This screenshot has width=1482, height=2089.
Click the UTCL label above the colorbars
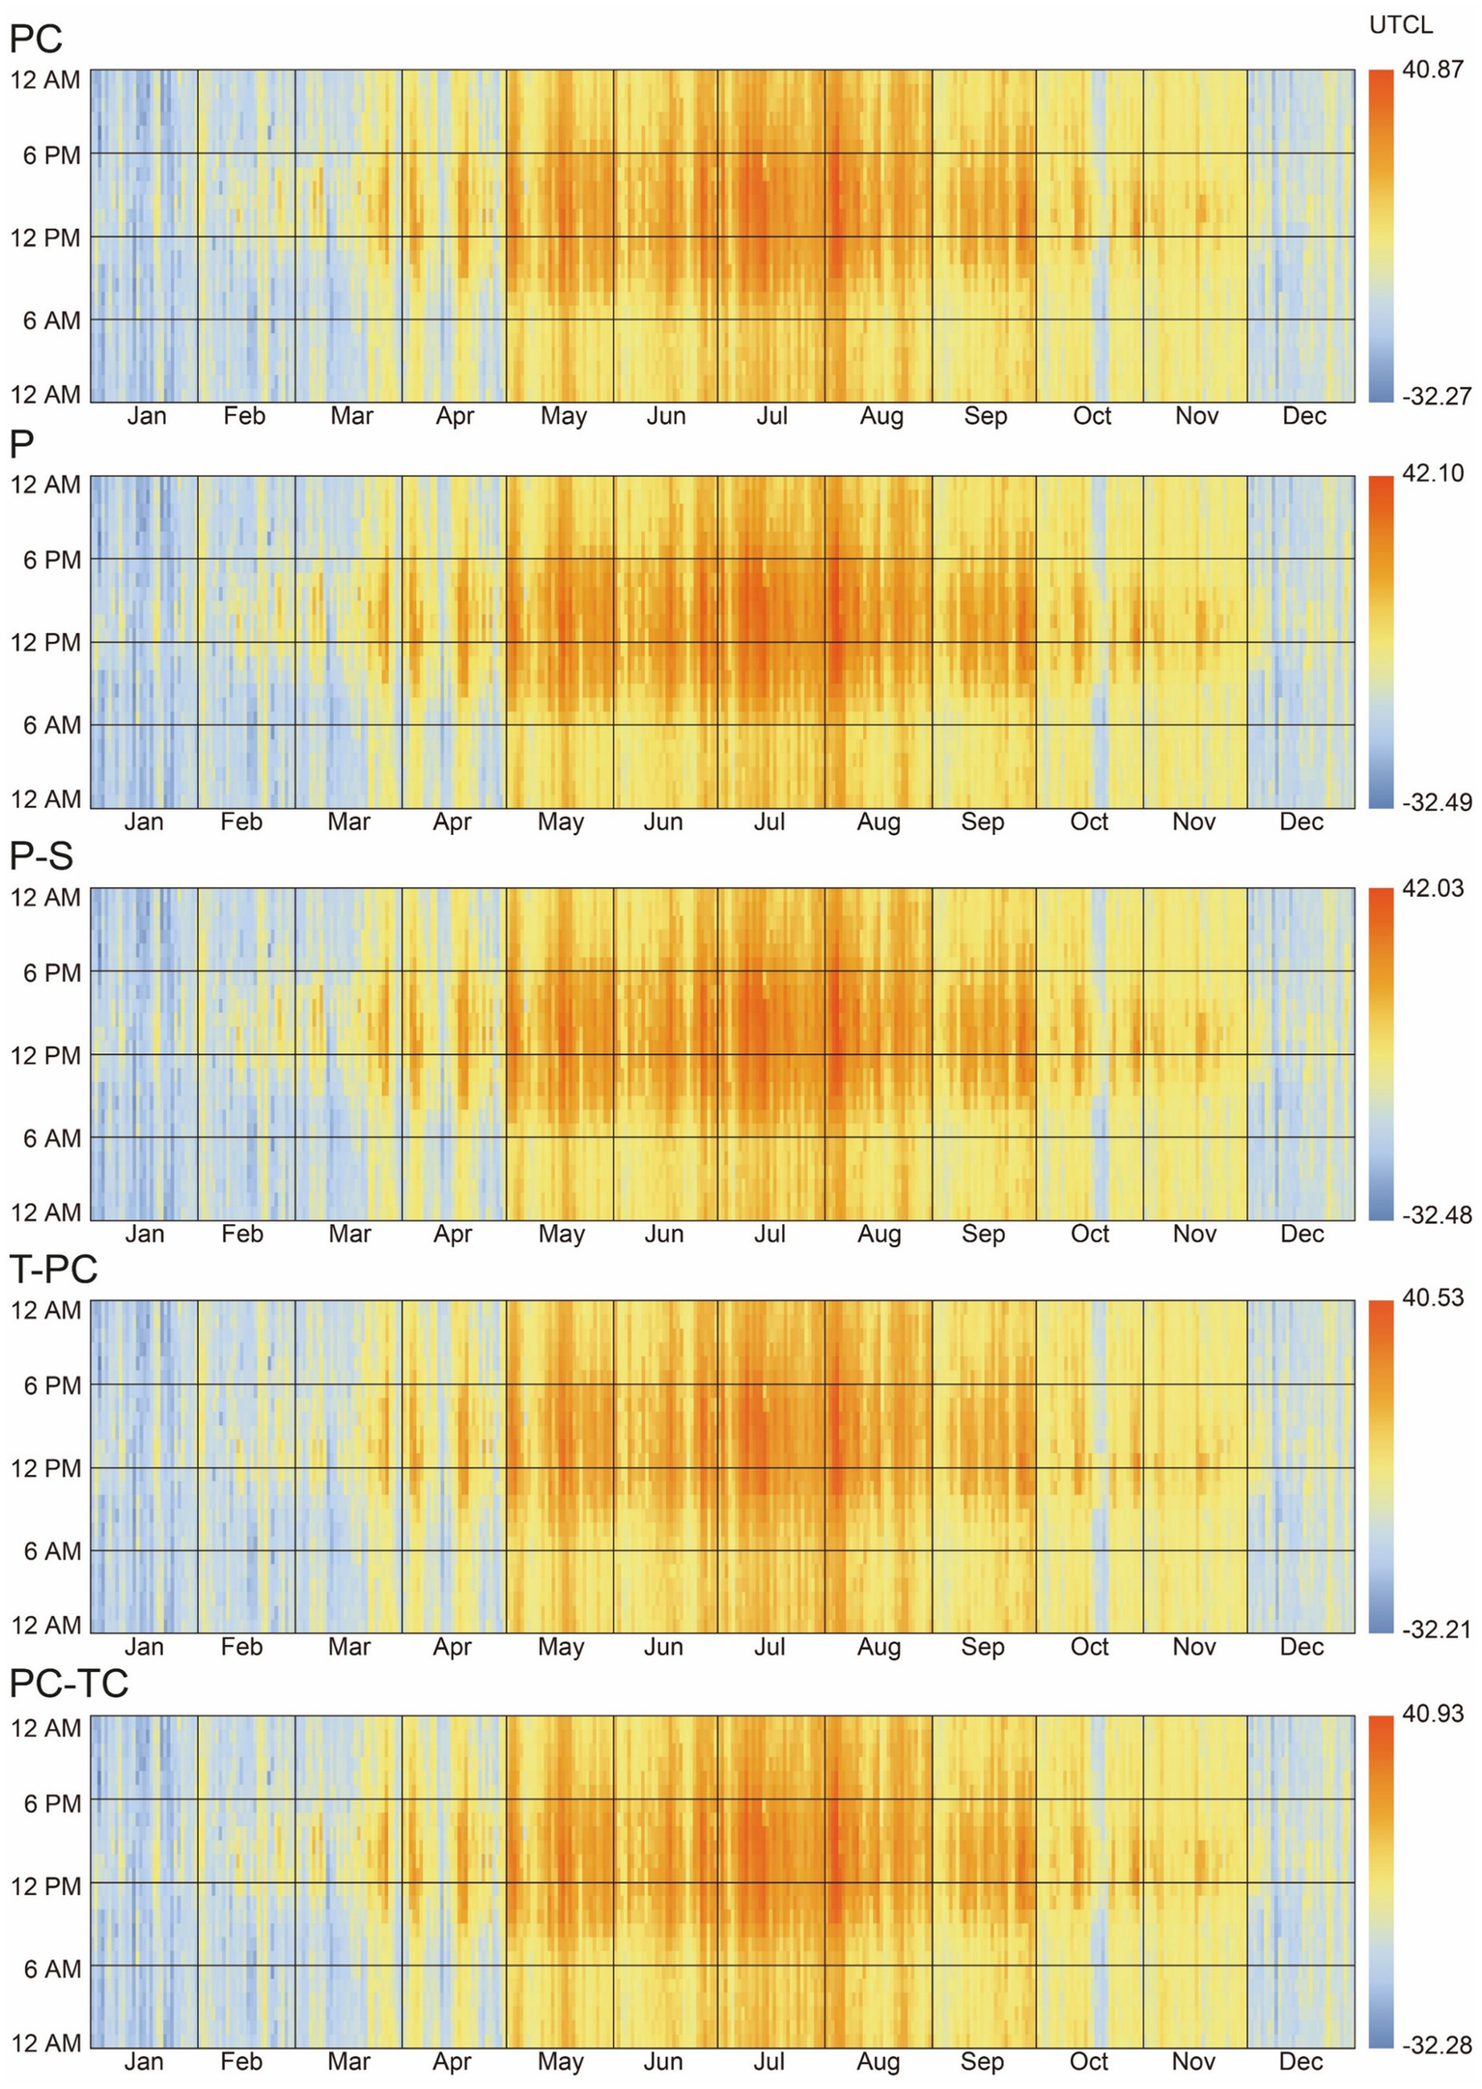pos(1401,26)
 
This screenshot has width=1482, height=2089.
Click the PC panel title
pos(36,40)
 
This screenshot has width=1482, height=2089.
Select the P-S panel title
pos(41,856)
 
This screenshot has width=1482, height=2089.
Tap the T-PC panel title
pos(53,1268)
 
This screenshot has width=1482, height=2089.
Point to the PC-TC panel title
pos(68,1683)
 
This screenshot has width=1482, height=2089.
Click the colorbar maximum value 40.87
pos(1433,70)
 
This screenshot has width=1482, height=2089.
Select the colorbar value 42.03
pos(1433,888)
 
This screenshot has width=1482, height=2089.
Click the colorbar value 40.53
pos(1433,1298)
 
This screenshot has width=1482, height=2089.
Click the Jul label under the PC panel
pos(771,416)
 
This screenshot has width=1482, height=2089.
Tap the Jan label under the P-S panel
pos(144,1234)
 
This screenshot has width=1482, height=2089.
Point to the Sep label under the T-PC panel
pos(982,1647)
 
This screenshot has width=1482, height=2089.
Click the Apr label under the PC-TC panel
pos(451,2062)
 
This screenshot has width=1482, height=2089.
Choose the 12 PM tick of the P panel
pos(45,642)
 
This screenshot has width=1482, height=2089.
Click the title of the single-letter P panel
pos(21,445)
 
